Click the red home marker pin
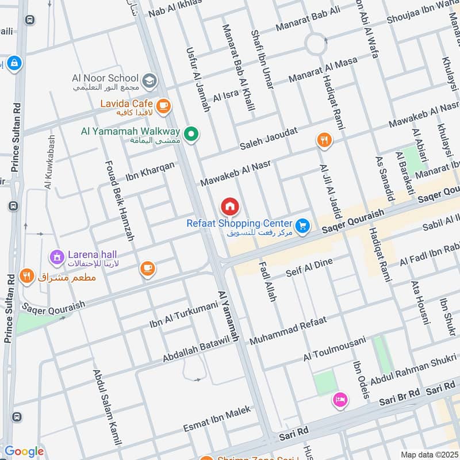coord(229,206)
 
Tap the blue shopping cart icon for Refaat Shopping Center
coord(303,227)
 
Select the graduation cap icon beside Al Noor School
coord(149,81)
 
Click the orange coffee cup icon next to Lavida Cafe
coord(163,105)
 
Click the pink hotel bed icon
coord(339,400)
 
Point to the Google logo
coord(24,451)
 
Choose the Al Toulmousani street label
coord(335,350)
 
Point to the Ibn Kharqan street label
coord(149,170)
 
